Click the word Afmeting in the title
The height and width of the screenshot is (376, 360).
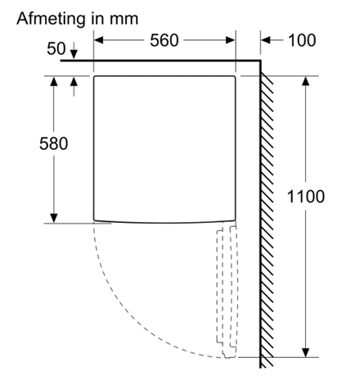(51, 20)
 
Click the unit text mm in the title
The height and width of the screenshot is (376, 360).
(124, 20)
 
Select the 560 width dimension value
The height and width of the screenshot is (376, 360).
(164, 40)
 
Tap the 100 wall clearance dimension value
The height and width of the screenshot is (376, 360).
(302, 40)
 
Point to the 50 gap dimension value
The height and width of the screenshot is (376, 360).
(56, 48)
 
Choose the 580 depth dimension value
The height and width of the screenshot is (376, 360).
(53, 143)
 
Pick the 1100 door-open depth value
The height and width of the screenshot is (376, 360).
(306, 197)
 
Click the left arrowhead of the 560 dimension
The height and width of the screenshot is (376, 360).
(98, 40)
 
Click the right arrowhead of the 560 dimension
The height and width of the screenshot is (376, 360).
(231, 40)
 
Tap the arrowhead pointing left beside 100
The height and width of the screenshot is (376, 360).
(265, 40)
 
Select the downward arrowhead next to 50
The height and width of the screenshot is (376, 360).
(74, 55)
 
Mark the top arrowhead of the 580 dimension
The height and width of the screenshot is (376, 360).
(54, 81)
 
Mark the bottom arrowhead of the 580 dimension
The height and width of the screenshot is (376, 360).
(54, 218)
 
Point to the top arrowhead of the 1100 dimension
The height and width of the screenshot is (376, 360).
(306, 81)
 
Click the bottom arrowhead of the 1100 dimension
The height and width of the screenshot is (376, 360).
(306, 352)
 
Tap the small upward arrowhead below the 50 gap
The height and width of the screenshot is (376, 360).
(74, 81)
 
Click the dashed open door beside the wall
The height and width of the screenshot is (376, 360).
(227, 289)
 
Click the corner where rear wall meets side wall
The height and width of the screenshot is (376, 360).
(260, 61)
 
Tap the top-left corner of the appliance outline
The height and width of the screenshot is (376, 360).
(94, 76)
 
